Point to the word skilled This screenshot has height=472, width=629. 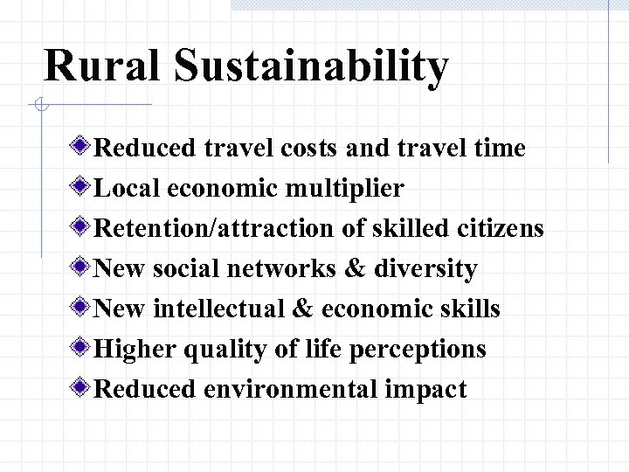[404, 229]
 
